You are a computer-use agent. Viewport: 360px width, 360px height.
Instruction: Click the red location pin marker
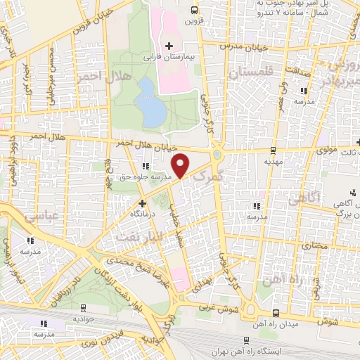click(x=182, y=165)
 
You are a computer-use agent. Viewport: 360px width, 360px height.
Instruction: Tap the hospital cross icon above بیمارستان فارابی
click(x=169, y=46)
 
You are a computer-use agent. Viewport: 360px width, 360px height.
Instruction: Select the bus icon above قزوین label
click(x=194, y=10)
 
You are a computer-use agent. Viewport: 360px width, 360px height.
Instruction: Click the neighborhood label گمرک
click(x=207, y=176)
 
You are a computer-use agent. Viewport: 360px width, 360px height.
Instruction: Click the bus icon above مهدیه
click(x=273, y=149)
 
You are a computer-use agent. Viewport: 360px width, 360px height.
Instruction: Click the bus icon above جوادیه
click(x=84, y=307)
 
